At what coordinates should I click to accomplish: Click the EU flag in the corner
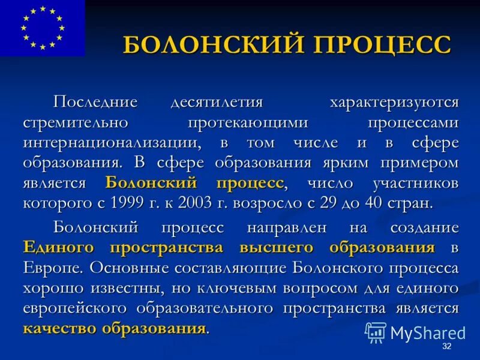[x=42, y=28]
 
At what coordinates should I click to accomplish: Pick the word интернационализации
[x=112, y=142]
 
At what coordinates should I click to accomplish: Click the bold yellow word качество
[x=59, y=328]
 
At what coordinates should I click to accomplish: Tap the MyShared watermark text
[x=427, y=332]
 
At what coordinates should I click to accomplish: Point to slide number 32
[x=446, y=347]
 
